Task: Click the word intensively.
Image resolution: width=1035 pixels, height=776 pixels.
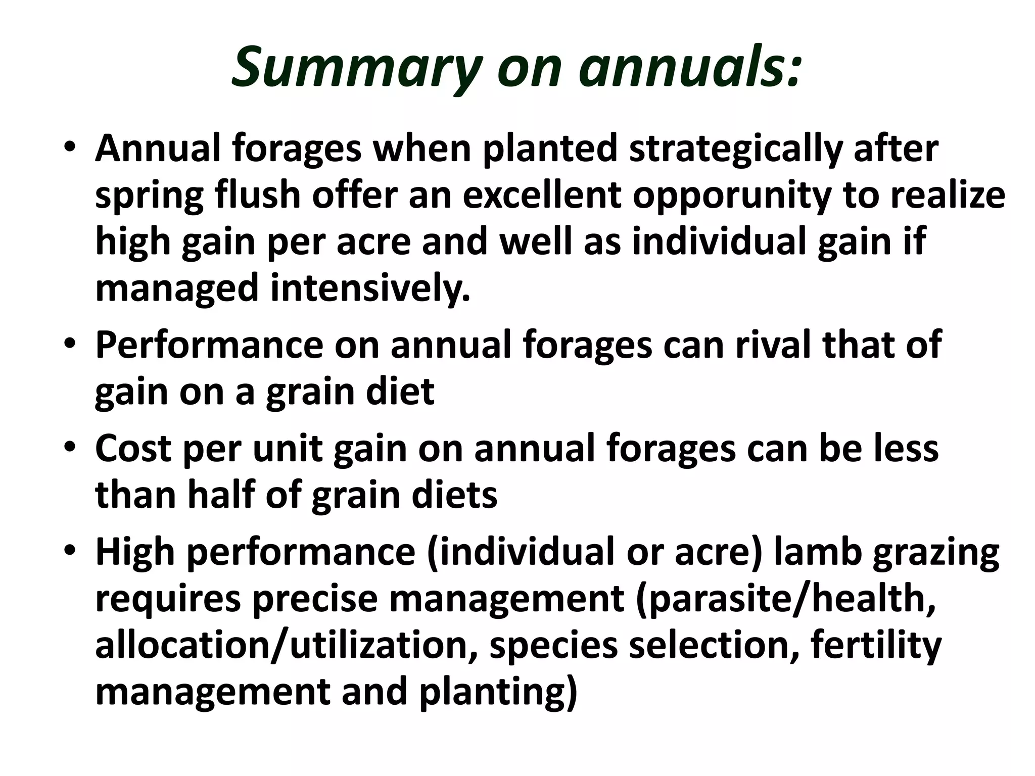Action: (371, 288)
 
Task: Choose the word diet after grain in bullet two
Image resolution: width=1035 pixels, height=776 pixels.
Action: (399, 392)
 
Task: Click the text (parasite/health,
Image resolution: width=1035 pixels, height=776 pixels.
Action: (786, 599)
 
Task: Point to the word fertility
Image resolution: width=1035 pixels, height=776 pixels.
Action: (876, 646)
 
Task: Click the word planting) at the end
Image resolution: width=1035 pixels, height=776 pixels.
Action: (498, 693)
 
